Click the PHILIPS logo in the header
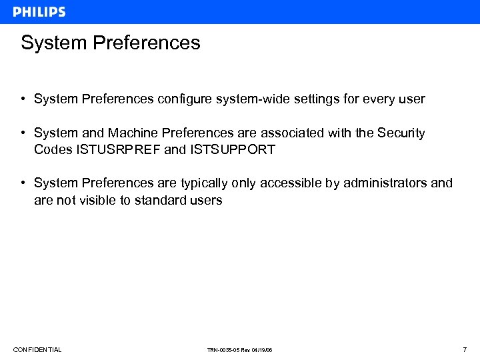point(39,11)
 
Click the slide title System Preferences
point(110,43)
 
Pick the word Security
point(401,133)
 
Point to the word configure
point(183,99)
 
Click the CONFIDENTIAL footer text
point(37,350)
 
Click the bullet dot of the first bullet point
point(23,99)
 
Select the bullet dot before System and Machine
point(23,133)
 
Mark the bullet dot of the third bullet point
point(23,183)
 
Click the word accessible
point(291,183)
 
